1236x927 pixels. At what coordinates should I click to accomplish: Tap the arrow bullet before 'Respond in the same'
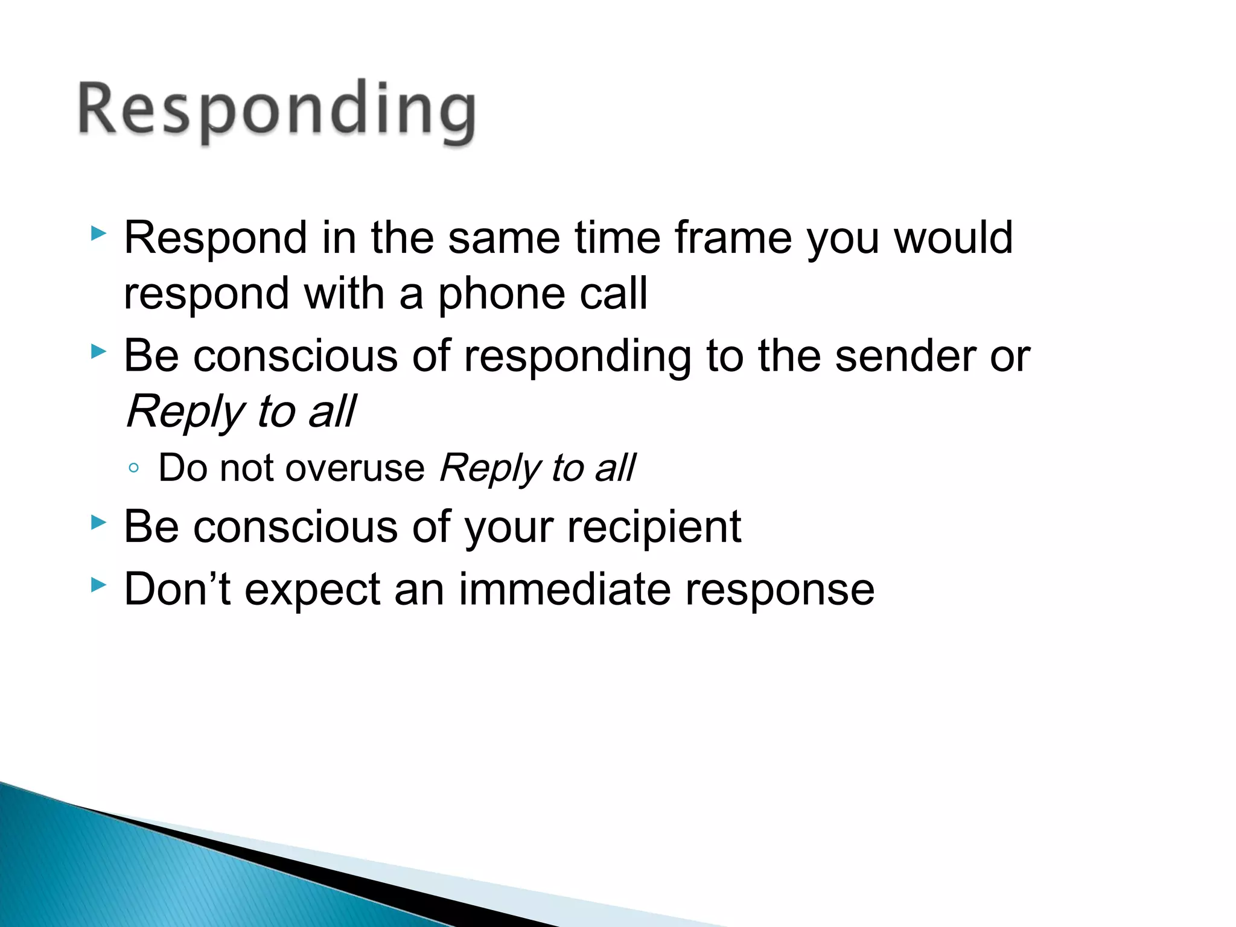98,233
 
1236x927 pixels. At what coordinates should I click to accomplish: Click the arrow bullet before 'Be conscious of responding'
98,351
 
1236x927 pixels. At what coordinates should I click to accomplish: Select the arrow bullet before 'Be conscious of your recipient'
98,522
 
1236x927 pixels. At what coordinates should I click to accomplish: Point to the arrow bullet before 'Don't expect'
98,584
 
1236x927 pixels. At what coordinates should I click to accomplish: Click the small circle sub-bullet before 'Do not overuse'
134,468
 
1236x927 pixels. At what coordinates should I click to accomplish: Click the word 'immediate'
564,589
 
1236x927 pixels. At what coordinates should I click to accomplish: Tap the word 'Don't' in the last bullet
177,589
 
